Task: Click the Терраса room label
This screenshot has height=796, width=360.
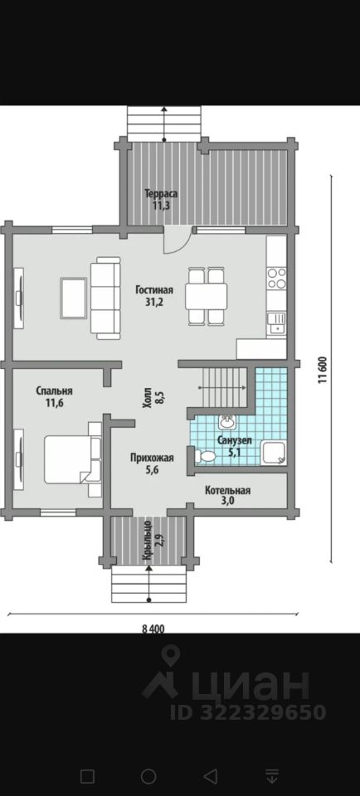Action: point(161,193)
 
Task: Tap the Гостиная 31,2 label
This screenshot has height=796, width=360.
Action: point(154,296)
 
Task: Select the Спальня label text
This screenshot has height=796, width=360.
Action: point(54,391)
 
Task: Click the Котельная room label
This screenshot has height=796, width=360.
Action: point(227,490)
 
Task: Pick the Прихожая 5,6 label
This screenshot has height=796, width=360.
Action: point(152,464)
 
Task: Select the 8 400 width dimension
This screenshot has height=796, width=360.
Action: point(153,629)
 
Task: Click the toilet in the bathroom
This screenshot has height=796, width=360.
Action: point(205,456)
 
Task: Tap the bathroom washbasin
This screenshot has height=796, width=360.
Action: point(227,421)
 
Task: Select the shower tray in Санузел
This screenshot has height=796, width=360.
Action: point(274,453)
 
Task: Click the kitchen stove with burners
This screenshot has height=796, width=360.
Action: point(277,279)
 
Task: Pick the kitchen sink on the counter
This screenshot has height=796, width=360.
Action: point(277,323)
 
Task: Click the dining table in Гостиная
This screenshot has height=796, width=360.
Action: point(207,297)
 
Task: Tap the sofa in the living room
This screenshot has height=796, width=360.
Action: point(105,298)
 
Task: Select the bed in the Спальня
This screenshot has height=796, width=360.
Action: point(73,459)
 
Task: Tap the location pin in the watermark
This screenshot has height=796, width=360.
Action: point(169,655)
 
